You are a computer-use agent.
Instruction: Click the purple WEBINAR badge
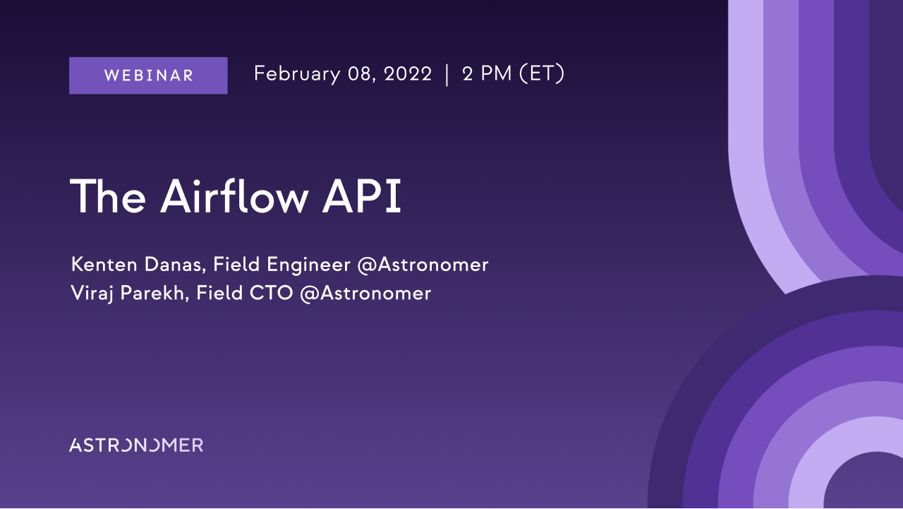point(148,76)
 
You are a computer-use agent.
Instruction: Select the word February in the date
point(297,74)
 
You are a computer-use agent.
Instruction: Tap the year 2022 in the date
point(408,74)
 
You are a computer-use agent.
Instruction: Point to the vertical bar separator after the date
point(447,75)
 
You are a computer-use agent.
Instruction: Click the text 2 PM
point(487,74)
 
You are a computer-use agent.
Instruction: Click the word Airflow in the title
point(235,196)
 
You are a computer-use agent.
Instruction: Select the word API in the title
point(362,196)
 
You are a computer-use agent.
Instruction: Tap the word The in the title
point(108,196)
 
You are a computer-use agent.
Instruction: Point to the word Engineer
point(308,265)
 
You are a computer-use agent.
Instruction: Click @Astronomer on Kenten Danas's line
point(423,265)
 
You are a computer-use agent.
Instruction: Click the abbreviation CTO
point(272,293)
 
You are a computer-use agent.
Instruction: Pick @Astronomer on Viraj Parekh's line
point(365,293)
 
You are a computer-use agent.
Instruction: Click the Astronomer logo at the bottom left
point(136,445)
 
